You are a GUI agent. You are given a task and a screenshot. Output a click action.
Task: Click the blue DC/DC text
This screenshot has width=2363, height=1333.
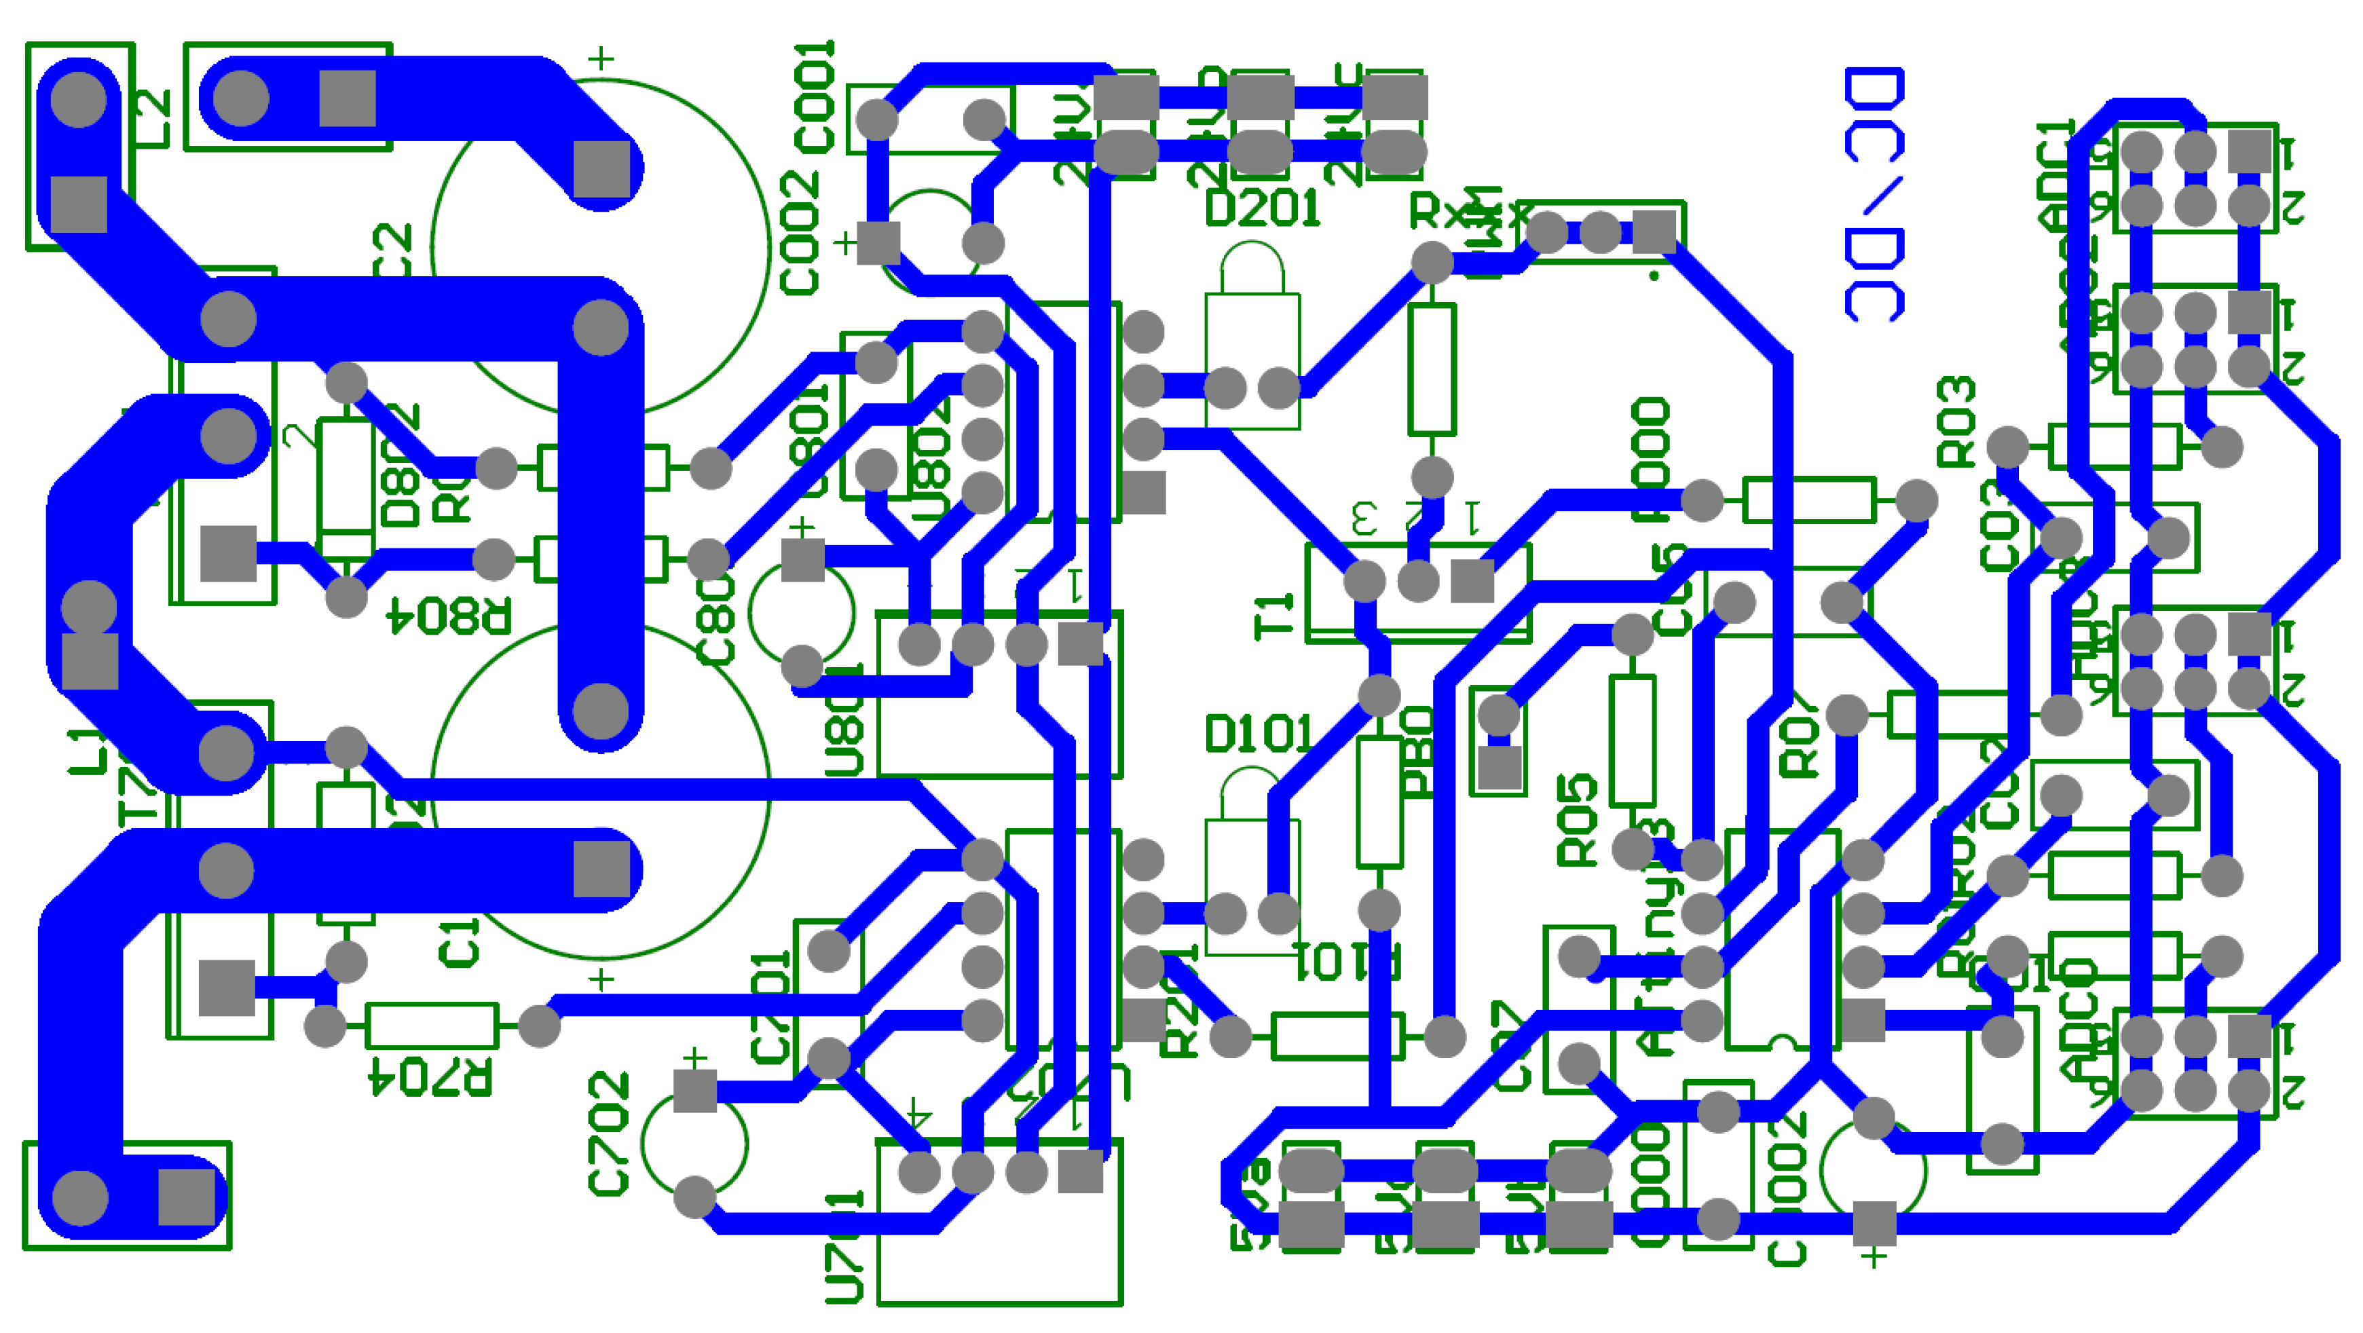click(x=1874, y=195)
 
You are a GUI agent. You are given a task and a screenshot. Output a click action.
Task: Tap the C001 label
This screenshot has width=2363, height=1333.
click(x=815, y=96)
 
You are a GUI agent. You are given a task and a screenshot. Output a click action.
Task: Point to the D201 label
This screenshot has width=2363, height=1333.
click(x=1262, y=209)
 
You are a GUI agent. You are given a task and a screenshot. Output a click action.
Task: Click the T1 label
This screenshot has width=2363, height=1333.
click(x=1274, y=616)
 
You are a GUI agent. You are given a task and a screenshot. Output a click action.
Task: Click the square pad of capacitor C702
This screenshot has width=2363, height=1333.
click(x=694, y=1091)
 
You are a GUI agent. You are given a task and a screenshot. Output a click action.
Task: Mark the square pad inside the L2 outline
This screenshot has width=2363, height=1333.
click(x=79, y=204)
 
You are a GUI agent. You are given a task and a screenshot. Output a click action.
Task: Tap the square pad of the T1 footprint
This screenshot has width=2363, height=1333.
click(x=1472, y=582)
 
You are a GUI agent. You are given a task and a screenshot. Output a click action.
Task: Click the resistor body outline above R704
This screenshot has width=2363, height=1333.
click(x=431, y=1026)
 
